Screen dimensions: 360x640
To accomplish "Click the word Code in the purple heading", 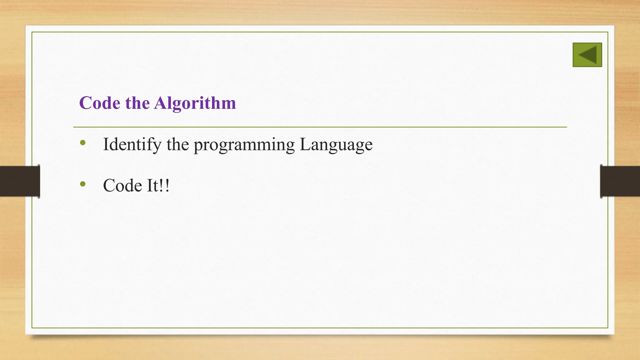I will (100, 103).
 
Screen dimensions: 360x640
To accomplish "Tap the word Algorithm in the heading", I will (195, 103).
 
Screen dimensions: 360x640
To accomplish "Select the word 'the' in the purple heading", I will (137, 103).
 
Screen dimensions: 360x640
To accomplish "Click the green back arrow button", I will (587, 55).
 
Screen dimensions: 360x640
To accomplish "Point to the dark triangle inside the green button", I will (589, 55).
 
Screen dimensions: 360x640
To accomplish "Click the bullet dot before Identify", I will (83, 143).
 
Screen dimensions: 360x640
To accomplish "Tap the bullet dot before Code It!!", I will (83, 184).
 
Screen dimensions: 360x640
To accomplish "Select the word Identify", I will (132, 145).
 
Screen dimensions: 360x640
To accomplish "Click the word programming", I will (244, 145).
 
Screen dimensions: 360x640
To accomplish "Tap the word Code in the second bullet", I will (122, 186).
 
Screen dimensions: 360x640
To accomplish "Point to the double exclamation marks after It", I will (164, 186).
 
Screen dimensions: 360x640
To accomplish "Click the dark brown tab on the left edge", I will (20, 181).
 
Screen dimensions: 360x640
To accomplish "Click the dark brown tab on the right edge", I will (620, 181).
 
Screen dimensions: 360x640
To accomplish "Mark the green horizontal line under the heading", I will (320, 127).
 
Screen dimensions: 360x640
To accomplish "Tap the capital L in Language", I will (305, 144).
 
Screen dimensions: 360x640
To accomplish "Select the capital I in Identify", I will (106, 144).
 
